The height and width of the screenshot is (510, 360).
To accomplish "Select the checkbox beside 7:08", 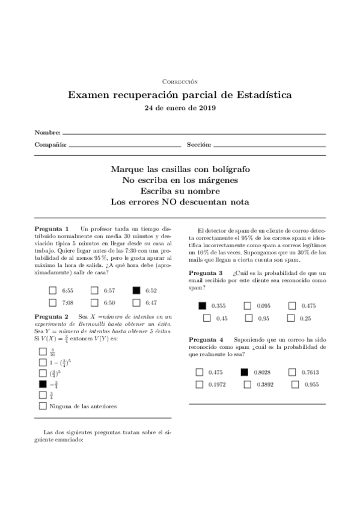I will (53, 303).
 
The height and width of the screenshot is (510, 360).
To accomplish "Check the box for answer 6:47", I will (136, 303).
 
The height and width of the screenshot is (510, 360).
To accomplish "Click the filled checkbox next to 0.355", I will (203, 306).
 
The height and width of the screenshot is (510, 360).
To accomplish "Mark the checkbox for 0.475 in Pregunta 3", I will (292, 306).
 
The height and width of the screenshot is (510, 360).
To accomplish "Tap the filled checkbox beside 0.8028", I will (244, 372).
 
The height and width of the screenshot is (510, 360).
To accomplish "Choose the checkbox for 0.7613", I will (292, 372).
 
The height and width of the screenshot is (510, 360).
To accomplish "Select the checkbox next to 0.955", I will (295, 384).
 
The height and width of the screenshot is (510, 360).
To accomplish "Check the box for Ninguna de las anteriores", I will (43, 406).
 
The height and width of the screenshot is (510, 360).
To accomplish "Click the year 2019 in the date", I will (206, 108).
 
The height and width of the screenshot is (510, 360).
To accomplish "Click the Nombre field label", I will (47, 132).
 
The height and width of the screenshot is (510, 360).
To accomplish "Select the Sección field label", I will (199, 145).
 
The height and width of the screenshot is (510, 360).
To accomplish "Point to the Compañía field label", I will (50, 145).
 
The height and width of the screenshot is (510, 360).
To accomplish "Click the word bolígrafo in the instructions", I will (228, 170).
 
